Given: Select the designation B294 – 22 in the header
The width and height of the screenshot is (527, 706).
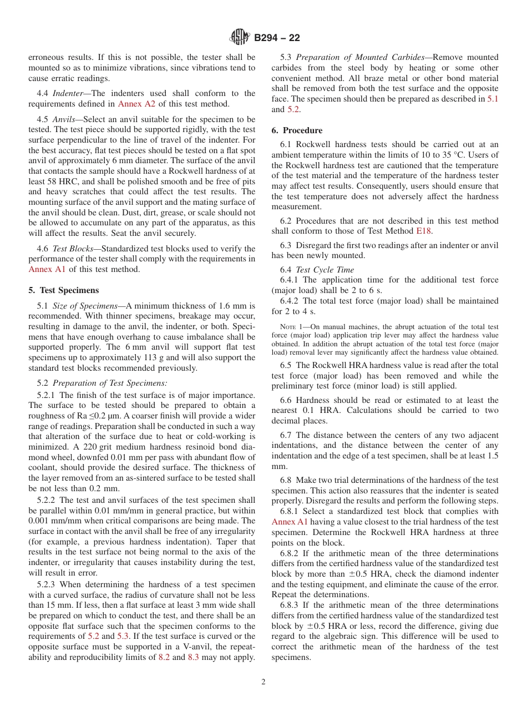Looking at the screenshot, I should pos(277,38).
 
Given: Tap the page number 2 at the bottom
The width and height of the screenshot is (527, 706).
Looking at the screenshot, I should pos(263,682).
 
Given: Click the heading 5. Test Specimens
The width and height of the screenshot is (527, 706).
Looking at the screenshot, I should pos(63,290).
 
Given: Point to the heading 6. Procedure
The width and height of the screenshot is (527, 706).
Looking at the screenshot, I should pos(297,130).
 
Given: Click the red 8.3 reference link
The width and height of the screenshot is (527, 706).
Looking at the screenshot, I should pos(193,657).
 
